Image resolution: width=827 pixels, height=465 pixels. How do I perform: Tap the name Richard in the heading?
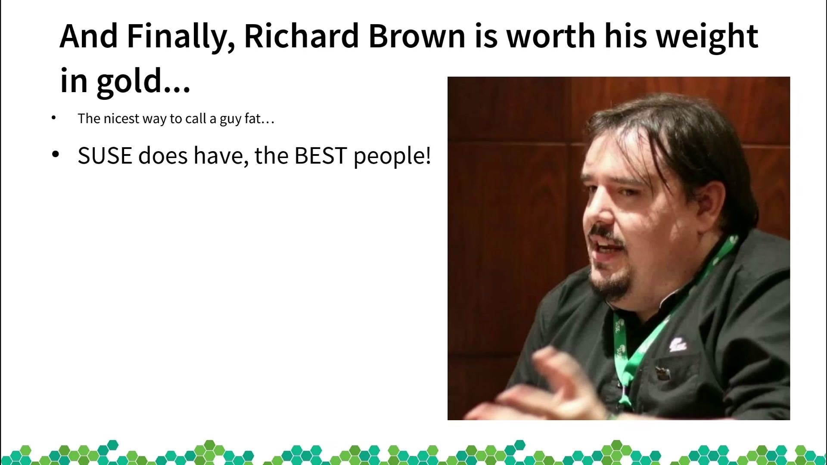click(302, 36)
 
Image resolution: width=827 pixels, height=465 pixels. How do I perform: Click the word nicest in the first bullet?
click(121, 118)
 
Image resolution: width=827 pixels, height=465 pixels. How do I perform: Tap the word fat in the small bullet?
click(253, 118)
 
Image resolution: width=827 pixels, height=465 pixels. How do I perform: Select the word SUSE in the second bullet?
click(105, 155)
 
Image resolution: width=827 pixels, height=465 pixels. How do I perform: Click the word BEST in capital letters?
click(320, 155)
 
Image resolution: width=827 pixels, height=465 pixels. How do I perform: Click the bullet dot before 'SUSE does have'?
click(55, 154)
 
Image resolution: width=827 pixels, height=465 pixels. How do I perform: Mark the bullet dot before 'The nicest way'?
click(53, 118)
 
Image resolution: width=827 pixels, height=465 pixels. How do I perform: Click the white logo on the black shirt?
click(678, 344)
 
